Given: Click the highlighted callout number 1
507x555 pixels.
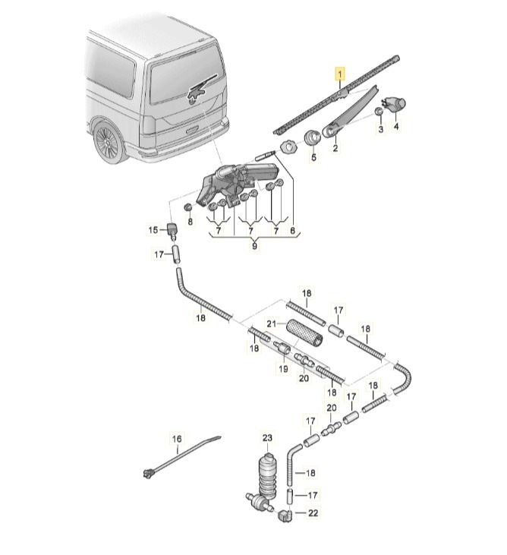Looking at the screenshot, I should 341,74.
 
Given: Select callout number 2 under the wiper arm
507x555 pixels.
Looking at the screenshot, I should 335,149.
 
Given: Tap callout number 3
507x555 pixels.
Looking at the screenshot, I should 381,130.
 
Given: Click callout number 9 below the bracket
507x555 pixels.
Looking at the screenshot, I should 255,246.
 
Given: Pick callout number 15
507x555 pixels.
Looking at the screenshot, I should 153,230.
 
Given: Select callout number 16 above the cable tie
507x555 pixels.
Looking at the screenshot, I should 177,439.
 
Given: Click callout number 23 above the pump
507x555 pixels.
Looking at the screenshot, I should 266,438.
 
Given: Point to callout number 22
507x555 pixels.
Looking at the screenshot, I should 313,512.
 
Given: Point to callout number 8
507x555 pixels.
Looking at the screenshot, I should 191,222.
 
